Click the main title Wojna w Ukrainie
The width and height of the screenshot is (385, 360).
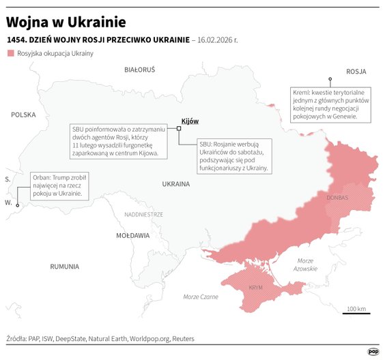pyautogui.click(x=61, y=20)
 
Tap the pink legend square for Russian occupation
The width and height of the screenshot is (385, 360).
pyautogui.click(x=11, y=53)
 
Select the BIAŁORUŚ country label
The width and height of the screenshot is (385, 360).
pyautogui.click(x=140, y=70)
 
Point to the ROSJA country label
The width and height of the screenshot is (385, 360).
pyautogui.click(x=356, y=71)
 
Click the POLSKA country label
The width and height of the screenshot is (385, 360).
pyautogui.click(x=23, y=115)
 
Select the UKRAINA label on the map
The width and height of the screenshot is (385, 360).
pyautogui.click(x=177, y=184)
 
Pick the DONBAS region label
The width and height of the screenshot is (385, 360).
pyautogui.click(x=337, y=198)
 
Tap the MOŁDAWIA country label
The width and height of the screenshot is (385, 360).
pyautogui.click(x=132, y=235)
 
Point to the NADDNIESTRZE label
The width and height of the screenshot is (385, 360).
pyautogui.click(x=144, y=214)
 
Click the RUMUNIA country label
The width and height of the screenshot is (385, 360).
pyautogui.click(x=65, y=267)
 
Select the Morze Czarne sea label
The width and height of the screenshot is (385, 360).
pyautogui.click(x=201, y=297)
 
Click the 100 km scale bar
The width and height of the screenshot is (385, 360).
pyautogui.click(x=356, y=313)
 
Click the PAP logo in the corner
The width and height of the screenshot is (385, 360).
pyautogui.click(x=373, y=351)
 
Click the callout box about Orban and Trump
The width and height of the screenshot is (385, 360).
pyautogui.click(x=60, y=185)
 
